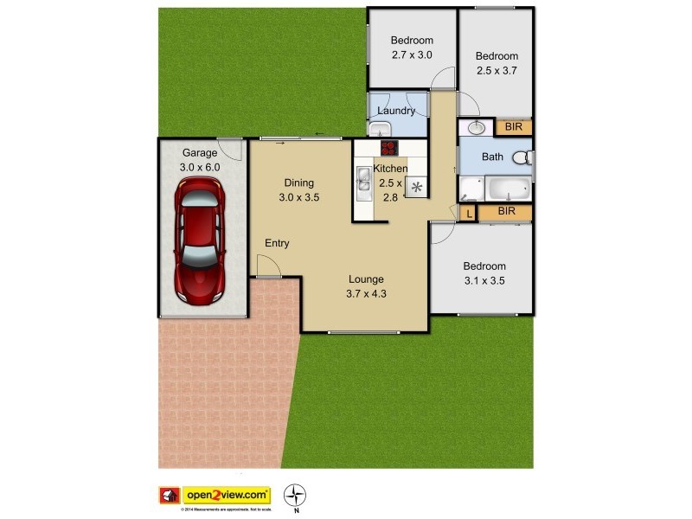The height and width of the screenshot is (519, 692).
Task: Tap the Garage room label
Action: pyautogui.click(x=200, y=152)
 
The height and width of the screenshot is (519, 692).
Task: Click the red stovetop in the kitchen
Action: pyautogui.click(x=388, y=146)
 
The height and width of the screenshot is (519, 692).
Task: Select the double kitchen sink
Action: pyautogui.click(x=363, y=179)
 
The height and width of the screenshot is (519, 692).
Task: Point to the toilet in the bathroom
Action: pyautogui.click(x=522, y=158)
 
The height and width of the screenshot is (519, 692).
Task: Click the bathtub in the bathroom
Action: pyautogui.click(x=507, y=188)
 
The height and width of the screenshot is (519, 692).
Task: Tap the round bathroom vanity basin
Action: pyautogui.click(x=475, y=128)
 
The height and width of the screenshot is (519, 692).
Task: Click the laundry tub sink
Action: pyautogui.click(x=379, y=130)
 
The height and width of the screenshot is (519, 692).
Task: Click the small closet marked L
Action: pyautogui.click(x=468, y=212)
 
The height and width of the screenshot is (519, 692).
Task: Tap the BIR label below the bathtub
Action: pyautogui.click(x=507, y=210)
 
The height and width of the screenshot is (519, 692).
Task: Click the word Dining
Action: pyautogui.click(x=298, y=183)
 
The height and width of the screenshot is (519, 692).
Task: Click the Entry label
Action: pyautogui.click(x=277, y=243)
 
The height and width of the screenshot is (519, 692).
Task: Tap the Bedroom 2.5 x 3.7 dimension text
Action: pyautogui.click(x=497, y=70)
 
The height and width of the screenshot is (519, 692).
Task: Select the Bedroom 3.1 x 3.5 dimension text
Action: pyautogui.click(x=484, y=280)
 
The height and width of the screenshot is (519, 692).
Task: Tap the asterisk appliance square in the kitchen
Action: pyautogui.click(x=417, y=187)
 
